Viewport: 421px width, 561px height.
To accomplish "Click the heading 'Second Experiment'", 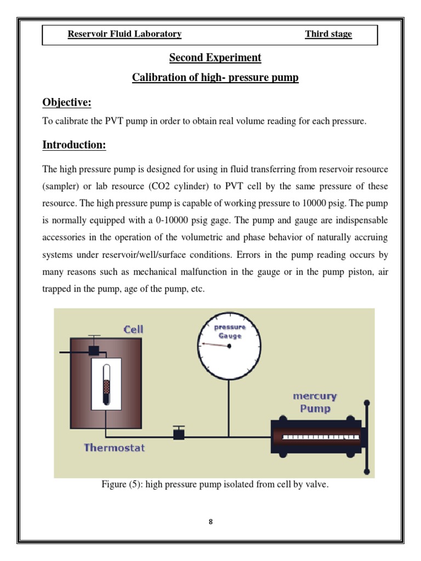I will [x=215, y=58].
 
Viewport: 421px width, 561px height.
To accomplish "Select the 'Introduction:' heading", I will [x=74, y=145].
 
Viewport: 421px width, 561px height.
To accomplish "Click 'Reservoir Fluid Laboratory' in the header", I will [x=124, y=34].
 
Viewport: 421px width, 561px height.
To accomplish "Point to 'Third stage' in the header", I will [x=328, y=34].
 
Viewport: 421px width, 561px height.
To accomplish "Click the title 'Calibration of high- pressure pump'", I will [x=215, y=77].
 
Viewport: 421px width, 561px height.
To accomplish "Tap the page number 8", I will [x=210, y=522].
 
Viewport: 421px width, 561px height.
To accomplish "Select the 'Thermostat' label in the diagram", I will [x=114, y=448].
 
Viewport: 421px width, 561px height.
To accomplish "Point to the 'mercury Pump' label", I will [x=315, y=402].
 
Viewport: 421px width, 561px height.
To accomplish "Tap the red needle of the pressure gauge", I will [x=214, y=345].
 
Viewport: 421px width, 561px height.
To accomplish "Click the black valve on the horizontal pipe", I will [x=178, y=434].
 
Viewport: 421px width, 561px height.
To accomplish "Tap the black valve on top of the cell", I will [x=94, y=350].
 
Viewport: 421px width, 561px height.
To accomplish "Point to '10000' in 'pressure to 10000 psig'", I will [x=312, y=204].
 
